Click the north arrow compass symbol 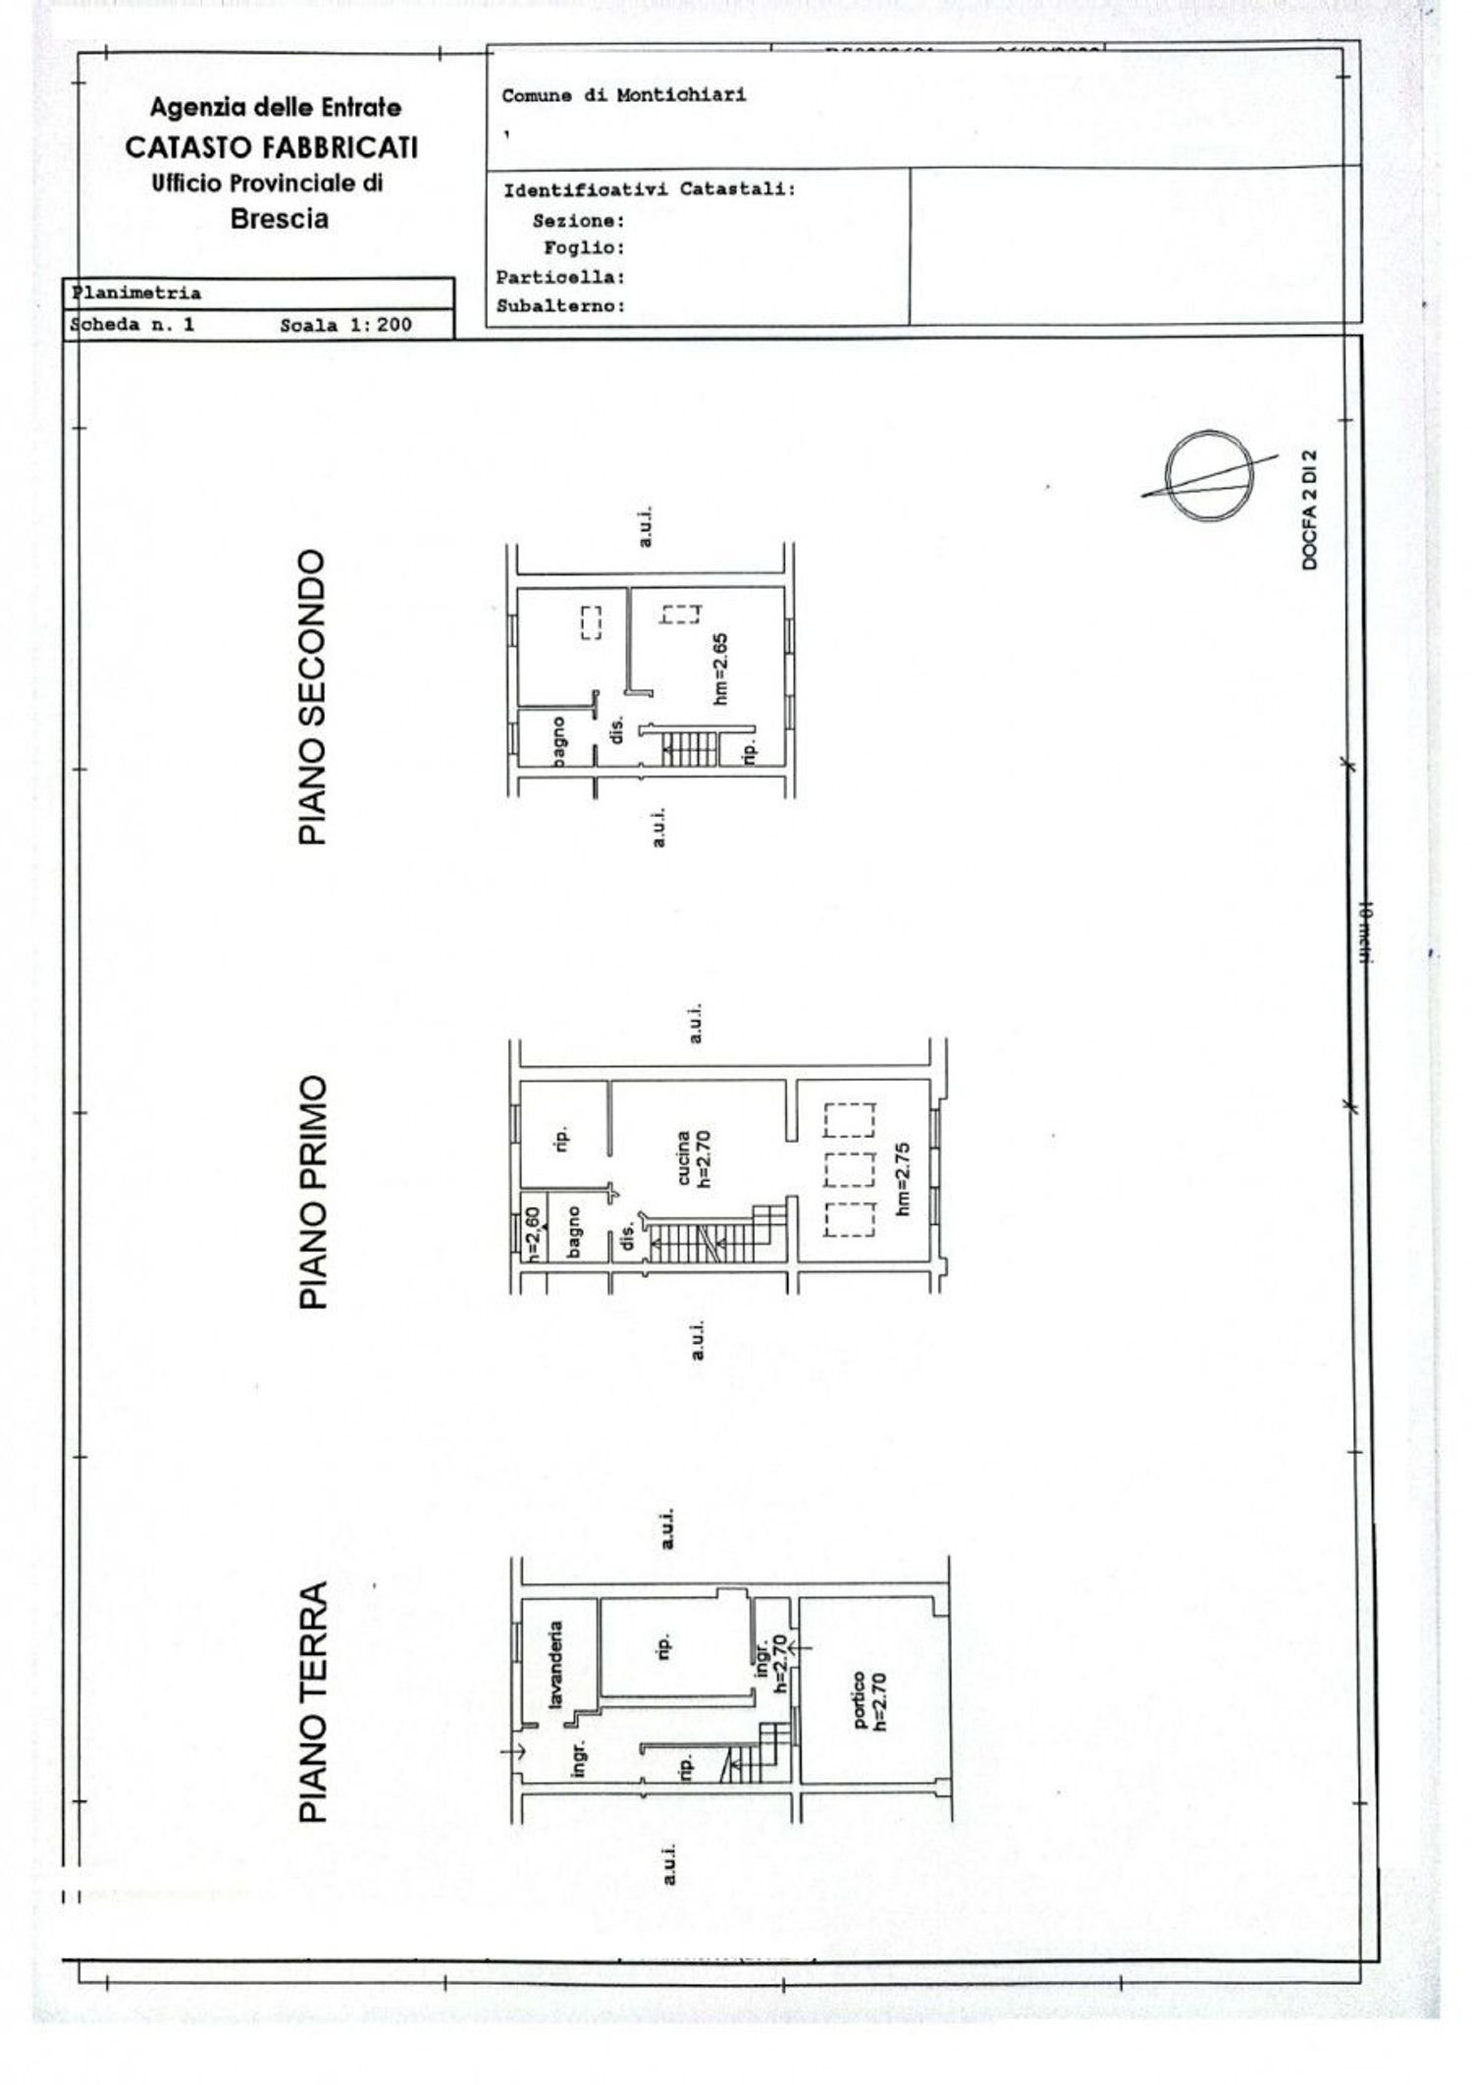[x=1210, y=477]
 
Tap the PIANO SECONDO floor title [x=312, y=697]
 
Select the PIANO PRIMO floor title [x=312, y=1192]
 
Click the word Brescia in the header [x=280, y=219]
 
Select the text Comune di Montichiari [x=623, y=96]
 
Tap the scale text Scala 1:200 [x=345, y=325]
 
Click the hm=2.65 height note [x=721, y=668]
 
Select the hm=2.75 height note [x=904, y=1178]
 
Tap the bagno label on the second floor [x=558, y=741]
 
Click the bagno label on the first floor [x=574, y=1231]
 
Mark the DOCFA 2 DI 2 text [x=1310, y=510]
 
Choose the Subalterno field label [x=560, y=306]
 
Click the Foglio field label [x=584, y=248]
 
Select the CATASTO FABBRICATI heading [x=272, y=148]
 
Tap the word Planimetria [x=137, y=294]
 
